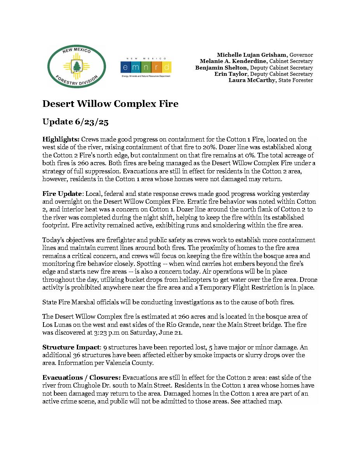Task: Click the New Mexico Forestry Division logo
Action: pyautogui.click(x=77, y=66)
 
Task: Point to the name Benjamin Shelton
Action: pyautogui.click(x=220, y=68)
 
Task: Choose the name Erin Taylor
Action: pyautogui.click(x=231, y=74)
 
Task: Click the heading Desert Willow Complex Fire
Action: pyautogui.click(x=110, y=104)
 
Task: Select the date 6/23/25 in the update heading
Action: pyautogui.click(x=92, y=122)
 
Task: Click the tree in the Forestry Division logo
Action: pyautogui.click(x=77, y=66)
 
